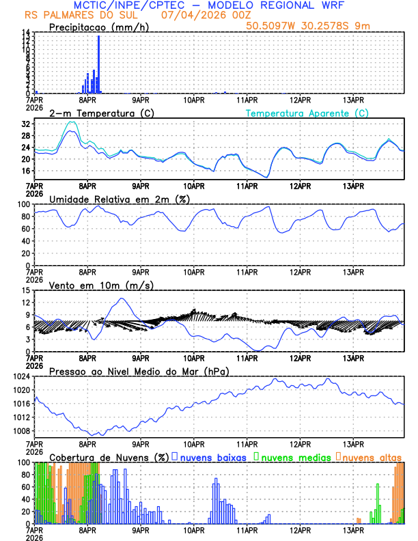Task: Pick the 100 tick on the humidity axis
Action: coord(23,204)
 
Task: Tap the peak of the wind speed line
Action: coord(122,299)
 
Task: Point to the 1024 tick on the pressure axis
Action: coord(20,376)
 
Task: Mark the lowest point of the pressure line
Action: coord(94,435)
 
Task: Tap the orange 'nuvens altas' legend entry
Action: coord(371,456)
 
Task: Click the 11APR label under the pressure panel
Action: coord(247,443)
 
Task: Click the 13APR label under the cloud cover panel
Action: coord(352,529)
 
